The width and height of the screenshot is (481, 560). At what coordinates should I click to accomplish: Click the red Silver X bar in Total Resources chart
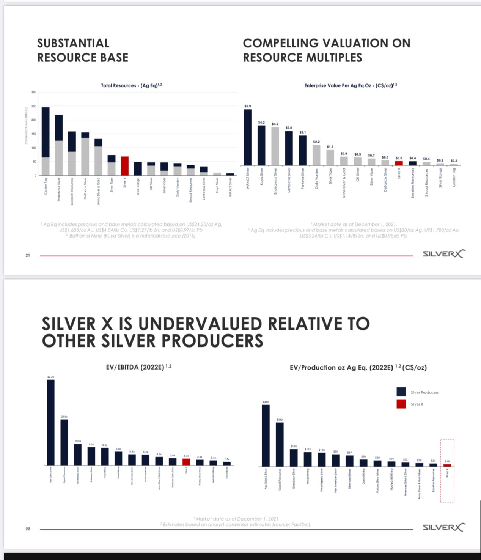124,166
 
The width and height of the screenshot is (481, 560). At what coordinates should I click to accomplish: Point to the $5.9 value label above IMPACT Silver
247,106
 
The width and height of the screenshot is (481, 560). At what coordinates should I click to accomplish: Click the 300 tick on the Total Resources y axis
34,92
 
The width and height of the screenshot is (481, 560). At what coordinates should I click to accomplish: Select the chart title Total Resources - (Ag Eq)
131,85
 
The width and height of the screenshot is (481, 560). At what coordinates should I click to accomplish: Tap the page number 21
28,255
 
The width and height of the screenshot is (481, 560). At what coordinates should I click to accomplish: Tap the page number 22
28,529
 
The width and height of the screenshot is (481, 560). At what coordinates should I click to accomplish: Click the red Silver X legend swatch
401,404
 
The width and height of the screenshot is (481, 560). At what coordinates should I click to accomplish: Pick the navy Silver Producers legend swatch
401,392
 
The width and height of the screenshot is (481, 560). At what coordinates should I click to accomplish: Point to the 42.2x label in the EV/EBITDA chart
50,377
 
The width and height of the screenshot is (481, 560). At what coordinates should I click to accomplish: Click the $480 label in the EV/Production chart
266,401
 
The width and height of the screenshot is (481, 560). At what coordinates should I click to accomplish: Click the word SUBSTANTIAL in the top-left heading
73,43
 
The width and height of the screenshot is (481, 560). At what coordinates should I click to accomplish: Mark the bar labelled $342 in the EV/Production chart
280,444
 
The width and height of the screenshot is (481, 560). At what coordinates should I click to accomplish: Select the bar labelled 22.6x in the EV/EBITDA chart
64,442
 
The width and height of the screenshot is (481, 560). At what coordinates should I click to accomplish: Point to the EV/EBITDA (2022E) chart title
138,367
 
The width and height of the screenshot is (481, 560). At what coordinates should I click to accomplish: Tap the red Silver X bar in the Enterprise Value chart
399,163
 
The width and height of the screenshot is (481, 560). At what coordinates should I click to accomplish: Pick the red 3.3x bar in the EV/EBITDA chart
186,462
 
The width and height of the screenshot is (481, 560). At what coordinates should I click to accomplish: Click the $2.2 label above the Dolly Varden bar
316,142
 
